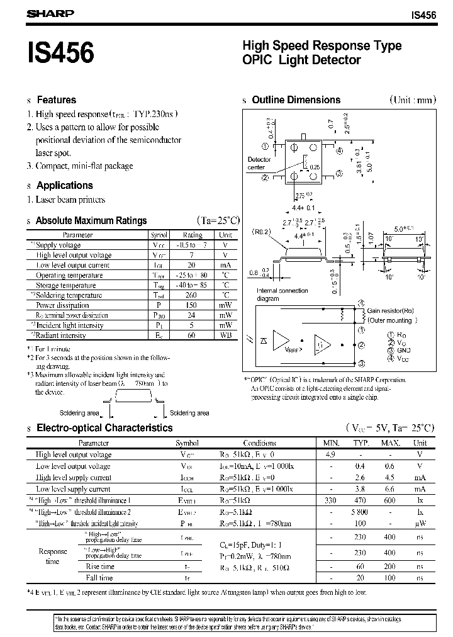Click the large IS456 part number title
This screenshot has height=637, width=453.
pos(60,53)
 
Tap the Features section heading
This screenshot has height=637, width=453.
pos(56,100)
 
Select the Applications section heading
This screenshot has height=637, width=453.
pos(64,185)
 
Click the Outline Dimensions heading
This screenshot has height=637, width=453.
pos(296,100)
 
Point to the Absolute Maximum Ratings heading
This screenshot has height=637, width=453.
pos(91,221)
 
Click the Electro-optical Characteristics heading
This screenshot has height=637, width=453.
pos(104,428)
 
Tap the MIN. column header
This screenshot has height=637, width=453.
pos(330,443)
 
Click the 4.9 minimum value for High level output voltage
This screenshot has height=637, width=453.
pos(330,454)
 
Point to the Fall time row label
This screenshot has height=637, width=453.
pos(99,577)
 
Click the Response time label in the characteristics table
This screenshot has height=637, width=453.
pos(53,556)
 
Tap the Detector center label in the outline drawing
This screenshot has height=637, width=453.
pos(259,164)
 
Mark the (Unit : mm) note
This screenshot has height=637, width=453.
pos(412,100)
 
